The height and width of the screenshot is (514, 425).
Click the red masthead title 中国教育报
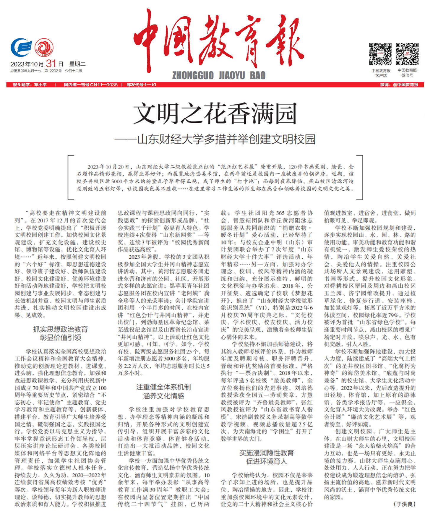click(219, 40)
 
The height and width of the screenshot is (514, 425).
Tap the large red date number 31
click(51, 63)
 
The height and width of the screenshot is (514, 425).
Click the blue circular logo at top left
click(21, 47)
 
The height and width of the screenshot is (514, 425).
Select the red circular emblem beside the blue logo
click(44, 47)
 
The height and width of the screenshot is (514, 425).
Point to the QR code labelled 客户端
click(380, 54)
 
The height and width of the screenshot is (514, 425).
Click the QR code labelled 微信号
click(407, 54)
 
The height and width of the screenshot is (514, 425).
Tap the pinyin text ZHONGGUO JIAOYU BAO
click(219, 76)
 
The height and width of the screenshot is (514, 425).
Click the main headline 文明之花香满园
click(215, 114)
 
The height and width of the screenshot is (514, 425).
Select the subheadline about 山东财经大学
click(215, 139)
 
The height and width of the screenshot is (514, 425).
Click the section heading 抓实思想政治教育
click(60, 329)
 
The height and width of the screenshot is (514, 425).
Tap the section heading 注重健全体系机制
click(163, 387)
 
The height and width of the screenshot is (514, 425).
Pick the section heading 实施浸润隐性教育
click(267, 453)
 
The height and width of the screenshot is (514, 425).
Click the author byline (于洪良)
click(404, 504)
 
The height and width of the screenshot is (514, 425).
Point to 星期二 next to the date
click(77, 64)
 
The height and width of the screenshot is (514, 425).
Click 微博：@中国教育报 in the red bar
click(399, 85)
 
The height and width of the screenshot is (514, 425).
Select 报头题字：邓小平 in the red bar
click(30, 85)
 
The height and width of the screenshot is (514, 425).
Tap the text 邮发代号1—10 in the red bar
click(141, 85)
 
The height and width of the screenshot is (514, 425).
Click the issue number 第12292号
click(53, 71)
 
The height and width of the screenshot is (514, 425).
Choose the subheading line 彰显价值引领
click(60, 338)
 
